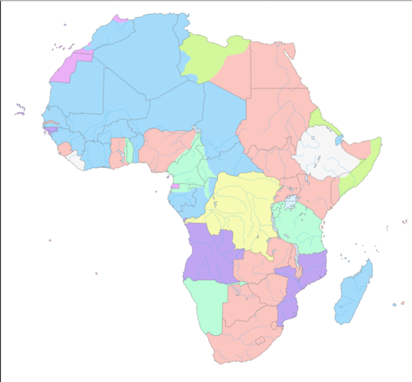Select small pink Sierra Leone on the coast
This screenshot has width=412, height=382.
[64, 149]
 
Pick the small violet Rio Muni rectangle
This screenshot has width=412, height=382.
[175, 185]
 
